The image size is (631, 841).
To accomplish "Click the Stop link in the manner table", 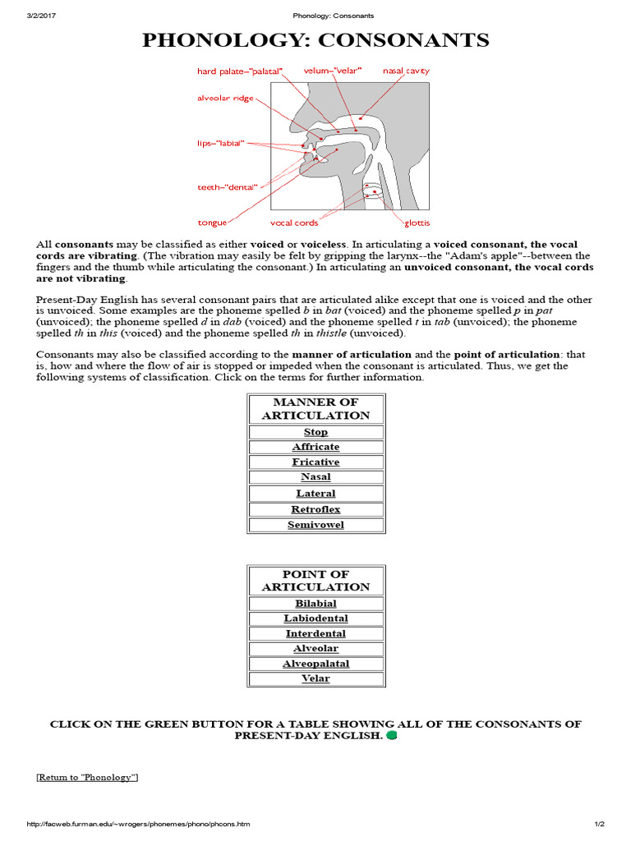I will point(315,432).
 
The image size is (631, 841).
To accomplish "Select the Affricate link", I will point(315,447).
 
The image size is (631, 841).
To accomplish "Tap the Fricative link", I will point(315,462).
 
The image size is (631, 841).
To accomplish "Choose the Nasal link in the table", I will point(315,477).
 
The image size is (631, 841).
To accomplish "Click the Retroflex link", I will point(315,509).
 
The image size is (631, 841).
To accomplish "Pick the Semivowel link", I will point(315,525).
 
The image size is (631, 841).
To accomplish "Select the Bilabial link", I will point(315,604).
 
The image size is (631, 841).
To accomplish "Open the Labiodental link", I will point(315,618).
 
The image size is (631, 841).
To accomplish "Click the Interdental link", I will point(315,634).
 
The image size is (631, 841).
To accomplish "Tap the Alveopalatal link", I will point(315,664).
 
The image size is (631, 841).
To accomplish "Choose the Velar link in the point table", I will point(315,678).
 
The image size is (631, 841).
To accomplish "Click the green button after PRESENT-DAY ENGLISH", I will point(392,736).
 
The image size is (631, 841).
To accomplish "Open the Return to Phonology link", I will point(87,777).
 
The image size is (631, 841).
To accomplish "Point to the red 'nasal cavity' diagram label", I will point(406,71).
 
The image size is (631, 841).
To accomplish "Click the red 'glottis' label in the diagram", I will point(417,223).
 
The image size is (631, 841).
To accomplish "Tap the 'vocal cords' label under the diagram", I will point(294,223).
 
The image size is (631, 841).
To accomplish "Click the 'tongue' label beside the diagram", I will point(212,223).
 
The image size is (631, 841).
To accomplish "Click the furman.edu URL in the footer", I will point(139,824).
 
